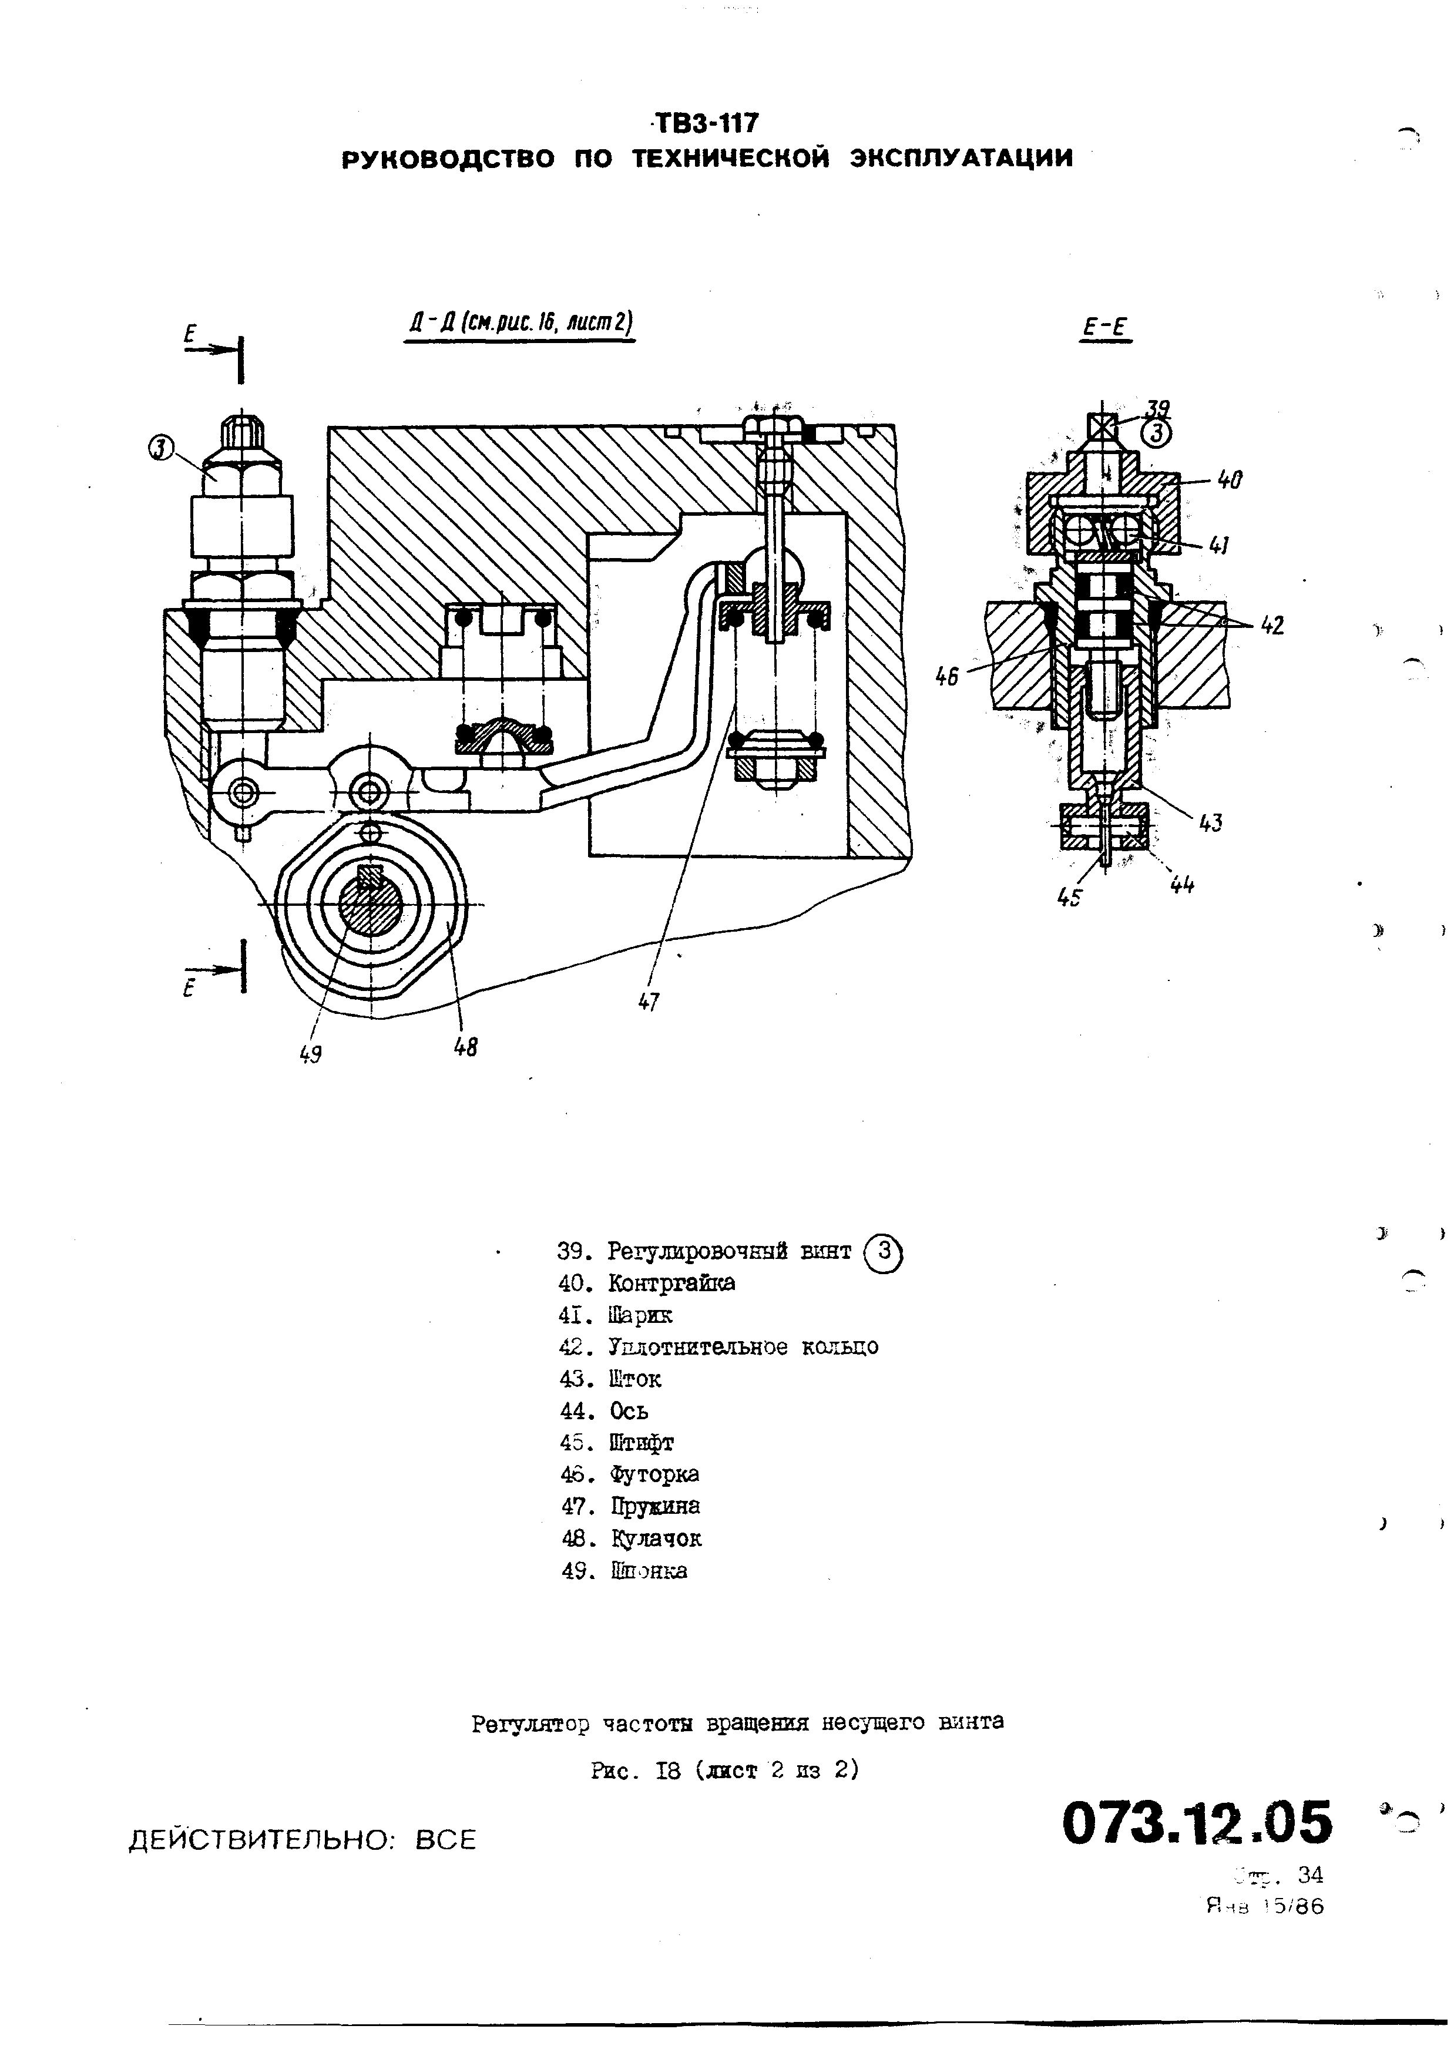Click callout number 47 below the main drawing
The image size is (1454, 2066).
tap(649, 1002)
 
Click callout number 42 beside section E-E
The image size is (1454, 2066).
tap(1271, 624)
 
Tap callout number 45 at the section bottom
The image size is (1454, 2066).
tap(1069, 896)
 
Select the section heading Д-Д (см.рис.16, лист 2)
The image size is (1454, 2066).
tap(519, 323)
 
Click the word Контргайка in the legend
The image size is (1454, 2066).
tap(671, 1282)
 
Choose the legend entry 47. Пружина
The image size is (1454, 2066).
tap(630, 1506)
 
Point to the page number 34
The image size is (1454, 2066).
tap(1310, 1874)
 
